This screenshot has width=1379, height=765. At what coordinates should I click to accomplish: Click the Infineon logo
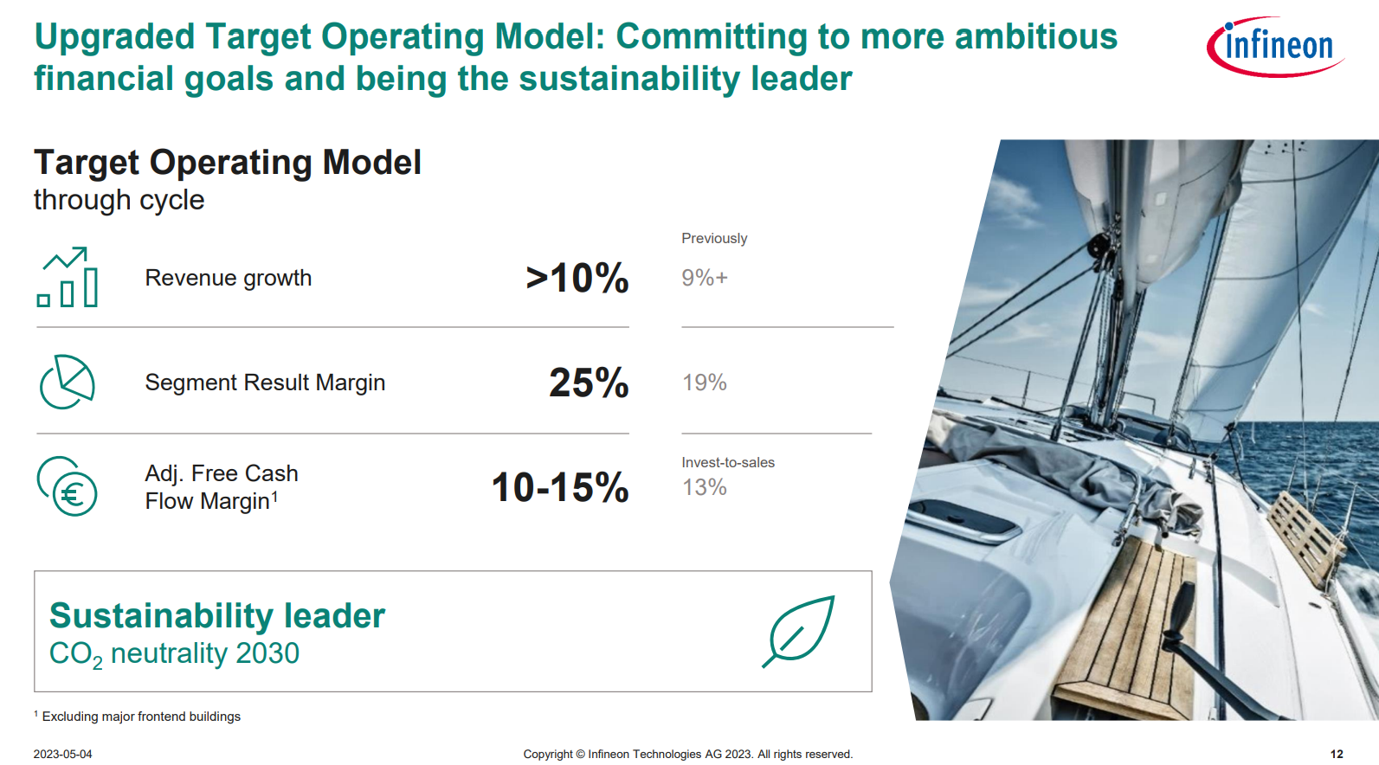tap(1275, 47)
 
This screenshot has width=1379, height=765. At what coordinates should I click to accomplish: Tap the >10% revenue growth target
tap(577, 278)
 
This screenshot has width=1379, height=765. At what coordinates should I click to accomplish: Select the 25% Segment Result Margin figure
tap(589, 382)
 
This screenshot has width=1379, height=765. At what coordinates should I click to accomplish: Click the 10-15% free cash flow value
tap(559, 487)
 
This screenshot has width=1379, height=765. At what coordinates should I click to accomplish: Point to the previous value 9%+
tap(705, 278)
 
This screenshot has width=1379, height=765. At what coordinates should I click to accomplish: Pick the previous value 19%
tap(704, 382)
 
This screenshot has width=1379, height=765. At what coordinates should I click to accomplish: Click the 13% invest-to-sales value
tap(704, 487)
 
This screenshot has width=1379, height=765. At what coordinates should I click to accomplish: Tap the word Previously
tap(714, 238)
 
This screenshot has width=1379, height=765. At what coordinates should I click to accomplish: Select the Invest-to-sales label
tap(728, 462)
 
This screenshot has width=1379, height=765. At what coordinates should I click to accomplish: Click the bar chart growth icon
tap(68, 277)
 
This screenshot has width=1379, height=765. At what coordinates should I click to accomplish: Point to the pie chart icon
tap(67, 382)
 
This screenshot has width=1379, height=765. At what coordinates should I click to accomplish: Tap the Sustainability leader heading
tap(216, 615)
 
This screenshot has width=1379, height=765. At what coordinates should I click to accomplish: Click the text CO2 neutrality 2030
tap(174, 653)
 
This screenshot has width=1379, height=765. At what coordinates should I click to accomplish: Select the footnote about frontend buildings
tap(137, 717)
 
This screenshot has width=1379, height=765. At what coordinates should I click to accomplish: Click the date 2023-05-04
tap(63, 754)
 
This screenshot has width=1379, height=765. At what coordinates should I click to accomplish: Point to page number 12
tap(1337, 754)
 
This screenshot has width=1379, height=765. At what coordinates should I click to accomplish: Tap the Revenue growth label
tap(228, 278)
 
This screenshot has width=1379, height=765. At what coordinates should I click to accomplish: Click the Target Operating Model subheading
tap(227, 163)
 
